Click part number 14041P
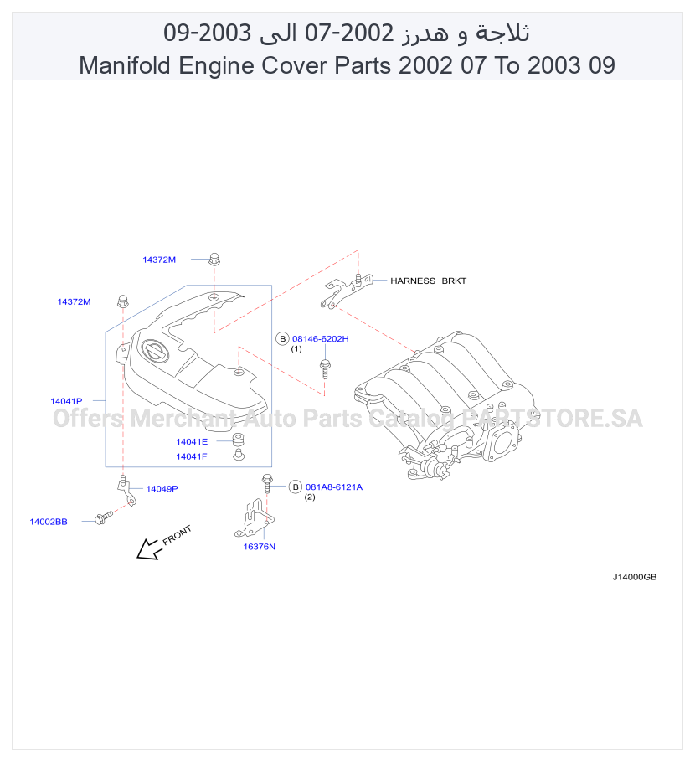pyautogui.click(x=66, y=401)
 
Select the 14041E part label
pyautogui.click(x=192, y=442)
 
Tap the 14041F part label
pyautogui.click(x=192, y=456)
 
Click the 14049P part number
pyautogui.click(x=162, y=488)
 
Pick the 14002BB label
pyautogui.click(x=49, y=522)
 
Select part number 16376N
pyautogui.click(x=259, y=546)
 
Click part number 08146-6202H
pyautogui.click(x=320, y=339)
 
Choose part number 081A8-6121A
pyautogui.click(x=334, y=487)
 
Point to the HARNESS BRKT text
pyautogui.click(x=428, y=281)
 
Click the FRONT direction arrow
pyautogui.click(x=147, y=549)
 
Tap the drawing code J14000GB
pyautogui.click(x=634, y=577)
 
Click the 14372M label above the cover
pyautogui.click(x=159, y=260)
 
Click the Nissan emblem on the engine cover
pyautogui.click(x=155, y=351)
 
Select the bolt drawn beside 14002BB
pyautogui.click(x=104, y=517)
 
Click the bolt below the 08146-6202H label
pyautogui.click(x=325, y=368)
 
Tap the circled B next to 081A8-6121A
pyautogui.click(x=296, y=487)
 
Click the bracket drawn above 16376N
pyautogui.click(x=255, y=518)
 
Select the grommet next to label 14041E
pyautogui.click(x=238, y=440)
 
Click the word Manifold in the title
pyautogui.click(x=125, y=65)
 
